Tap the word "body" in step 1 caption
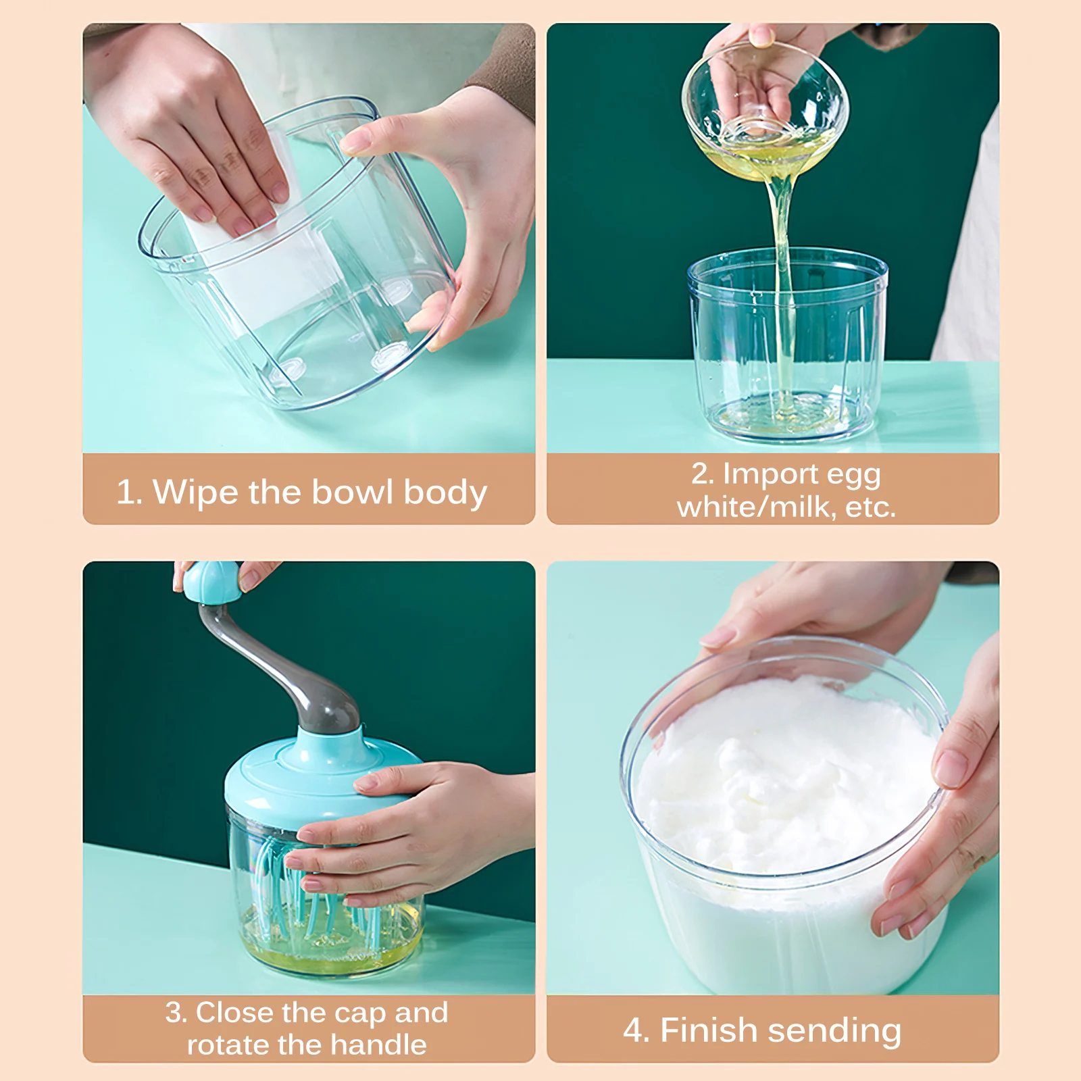click(x=445, y=493)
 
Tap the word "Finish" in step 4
click(x=709, y=1030)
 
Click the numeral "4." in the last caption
click(x=636, y=1031)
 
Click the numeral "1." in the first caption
click(x=129, y=492)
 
